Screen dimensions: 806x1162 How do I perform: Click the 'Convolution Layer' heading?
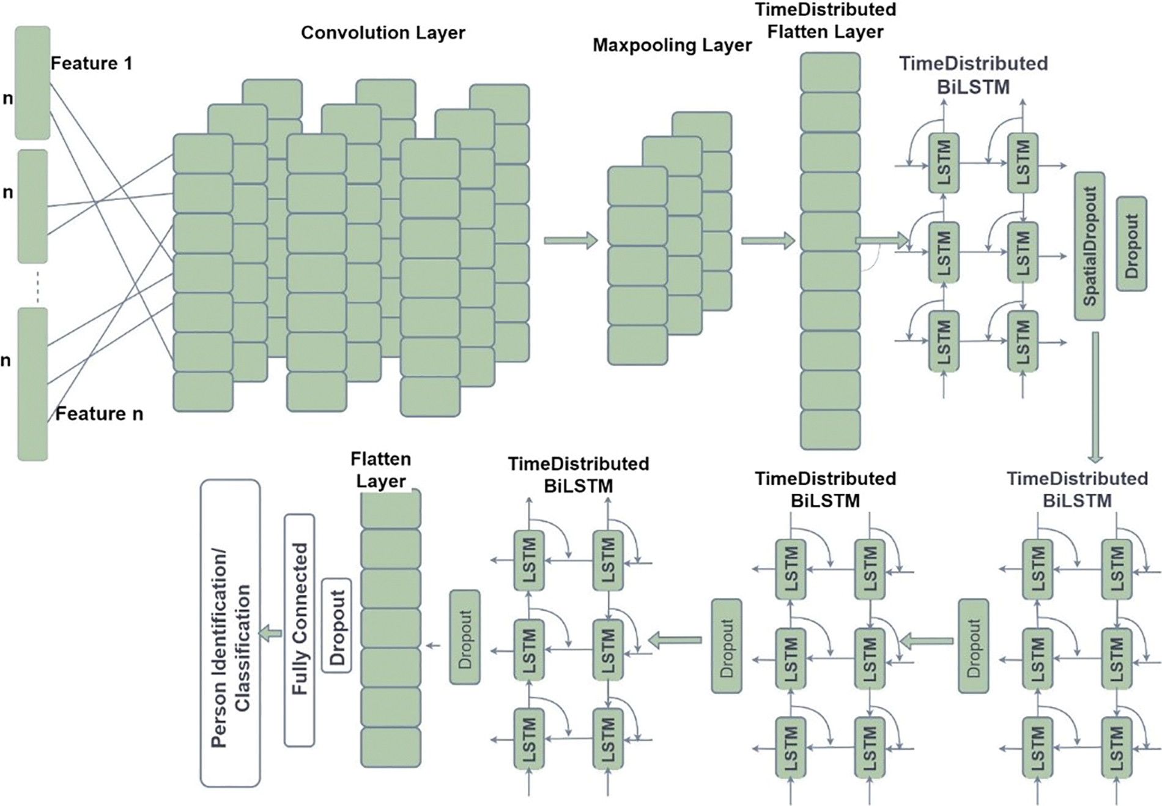click(383, 32)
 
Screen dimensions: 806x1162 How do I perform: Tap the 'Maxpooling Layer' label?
click(672, 45)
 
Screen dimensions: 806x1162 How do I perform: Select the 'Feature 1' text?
click(91, 63)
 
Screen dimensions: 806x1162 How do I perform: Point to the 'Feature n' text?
click(99, 414)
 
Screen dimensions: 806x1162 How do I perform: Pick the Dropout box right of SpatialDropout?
click(1131, 244)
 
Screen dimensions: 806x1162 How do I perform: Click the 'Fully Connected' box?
click(299, 630)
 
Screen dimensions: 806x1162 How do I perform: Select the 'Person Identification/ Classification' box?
click(230, 633)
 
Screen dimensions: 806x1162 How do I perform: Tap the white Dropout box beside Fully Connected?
click(336, 625)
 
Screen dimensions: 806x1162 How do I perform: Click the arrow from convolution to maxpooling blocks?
click(570, 241)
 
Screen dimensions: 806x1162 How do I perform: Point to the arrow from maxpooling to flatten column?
click(768, 241)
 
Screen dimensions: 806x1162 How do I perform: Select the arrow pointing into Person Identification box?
click(270, 633)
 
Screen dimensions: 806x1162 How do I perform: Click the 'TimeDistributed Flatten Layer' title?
click(825, 20)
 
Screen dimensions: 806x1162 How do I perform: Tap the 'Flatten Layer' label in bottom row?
click(380, 470)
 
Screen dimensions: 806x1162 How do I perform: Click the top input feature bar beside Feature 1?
click(32, 83)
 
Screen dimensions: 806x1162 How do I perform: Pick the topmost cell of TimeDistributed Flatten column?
click(830, 72)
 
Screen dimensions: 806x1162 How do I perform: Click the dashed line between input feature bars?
click(37, 286)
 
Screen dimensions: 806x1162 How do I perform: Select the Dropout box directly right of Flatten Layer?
click(465, 637)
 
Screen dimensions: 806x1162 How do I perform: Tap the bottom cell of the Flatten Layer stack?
click(390, 747)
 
